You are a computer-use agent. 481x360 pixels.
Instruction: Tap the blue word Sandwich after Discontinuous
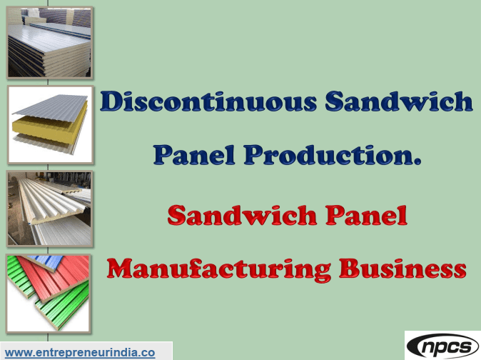coord(398,102)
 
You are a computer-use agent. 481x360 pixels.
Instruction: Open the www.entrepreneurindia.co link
coord(80,352)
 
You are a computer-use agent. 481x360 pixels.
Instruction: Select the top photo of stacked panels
coord(49,42)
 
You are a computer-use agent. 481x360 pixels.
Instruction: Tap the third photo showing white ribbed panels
coord(49,208)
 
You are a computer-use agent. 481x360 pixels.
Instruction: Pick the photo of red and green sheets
coord(49,291)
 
